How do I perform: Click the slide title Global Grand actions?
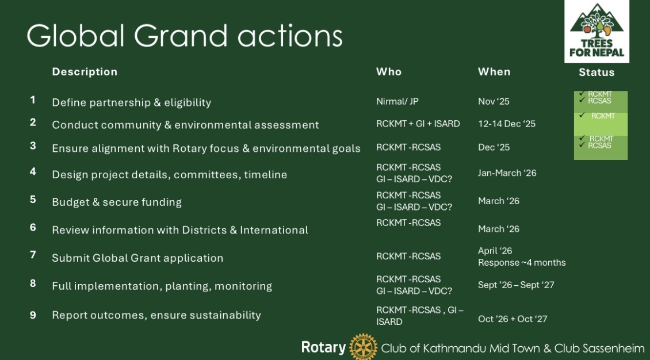click(x=185, y=36)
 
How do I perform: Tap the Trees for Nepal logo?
click(x=597, y=32)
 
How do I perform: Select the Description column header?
click(x=85, y=72)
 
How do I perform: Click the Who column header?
click(x=388, y=72)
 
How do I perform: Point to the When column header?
click(x=494, y=72)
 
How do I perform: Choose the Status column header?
click(x=597, y=72)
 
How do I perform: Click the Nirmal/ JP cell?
click(x=397, y=101)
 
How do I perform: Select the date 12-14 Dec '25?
click(x=507, y=124)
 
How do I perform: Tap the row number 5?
click(x=33, y=200)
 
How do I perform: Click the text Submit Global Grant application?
click(x=137, y=258)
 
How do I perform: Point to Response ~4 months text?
click(x=522, y=263)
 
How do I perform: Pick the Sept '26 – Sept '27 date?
click(x=516, y=285)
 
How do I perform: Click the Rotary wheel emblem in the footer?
click(x=363, y=347)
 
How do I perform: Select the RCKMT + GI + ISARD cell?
click(x=418, y=124)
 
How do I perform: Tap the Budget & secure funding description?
click(x=117, y=202)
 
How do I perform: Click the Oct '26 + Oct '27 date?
click(x=513, y=319)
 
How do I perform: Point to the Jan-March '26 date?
click(x=507, y=173)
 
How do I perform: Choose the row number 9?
click(x=33, y=315)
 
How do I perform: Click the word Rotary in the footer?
click(x=323, y=347)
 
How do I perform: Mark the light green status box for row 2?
click(x=601, y=124)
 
